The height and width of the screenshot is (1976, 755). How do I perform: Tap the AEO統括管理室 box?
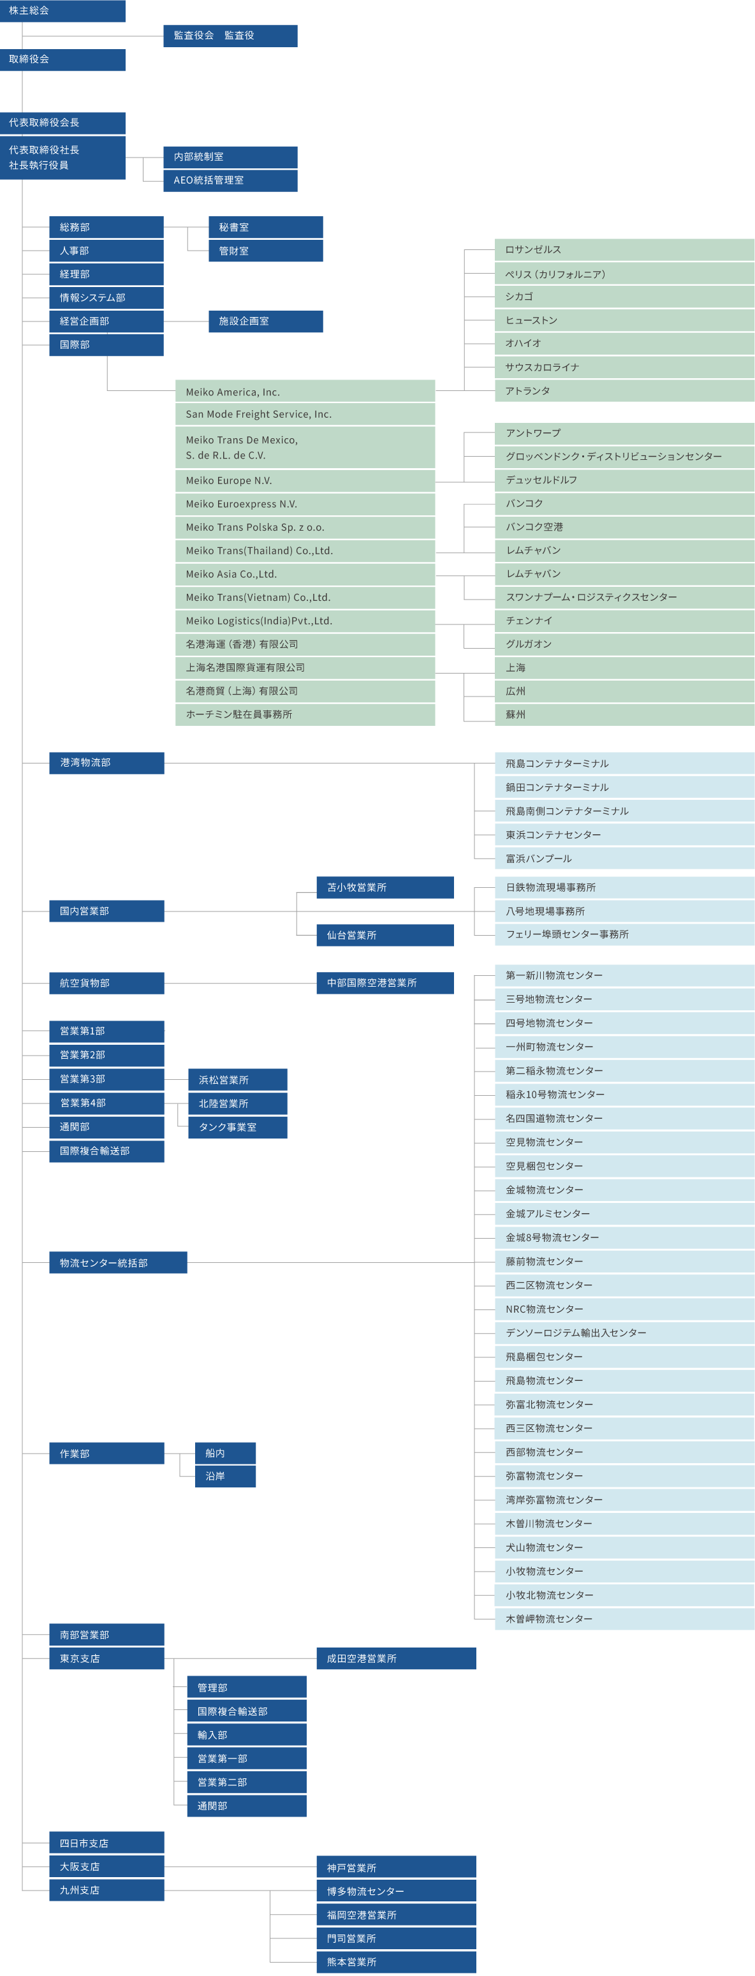pos(230,181)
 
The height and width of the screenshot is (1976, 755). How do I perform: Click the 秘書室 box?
pos(265,227)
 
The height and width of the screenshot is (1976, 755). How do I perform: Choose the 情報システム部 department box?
pos(106,298)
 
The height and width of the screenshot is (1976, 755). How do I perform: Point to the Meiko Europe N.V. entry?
pos(305,481)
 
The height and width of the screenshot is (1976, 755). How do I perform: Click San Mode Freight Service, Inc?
pos(305,414)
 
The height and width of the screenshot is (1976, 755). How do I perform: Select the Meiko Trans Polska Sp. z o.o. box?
pos(305,527)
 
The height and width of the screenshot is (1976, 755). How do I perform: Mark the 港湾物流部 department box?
pos(106,763)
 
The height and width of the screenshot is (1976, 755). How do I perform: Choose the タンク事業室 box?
pos(238,1128)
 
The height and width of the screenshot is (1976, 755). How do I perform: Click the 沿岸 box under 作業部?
pos(225,1477)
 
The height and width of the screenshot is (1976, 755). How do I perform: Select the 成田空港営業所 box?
pos(395,1658)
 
